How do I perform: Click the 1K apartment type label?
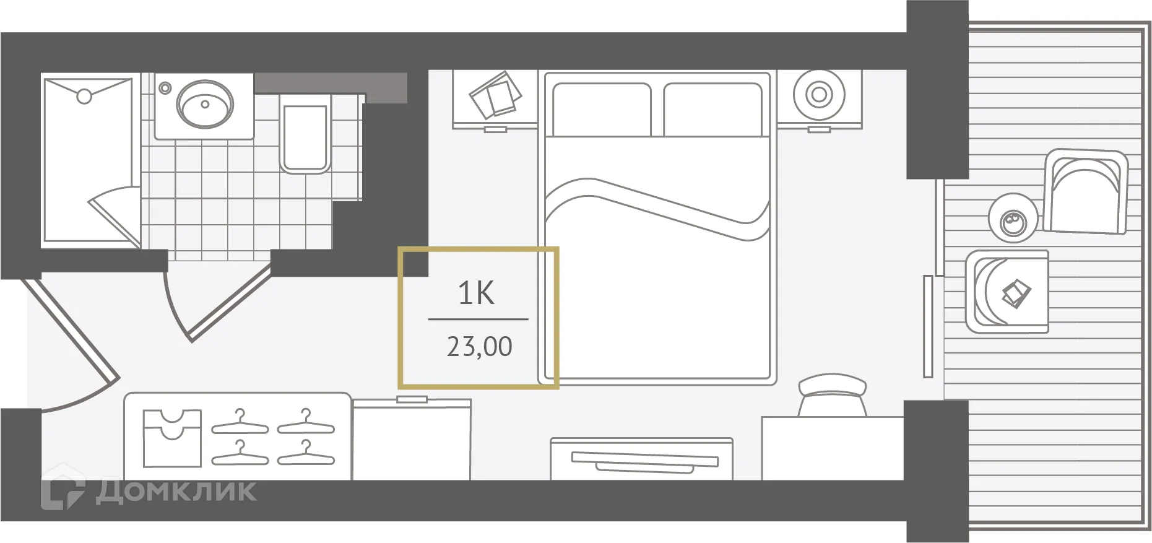(x=476, y=293)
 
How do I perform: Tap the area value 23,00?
(x=479, y=347)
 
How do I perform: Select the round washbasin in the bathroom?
(x=205, y=103)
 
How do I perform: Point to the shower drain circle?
(x=84, y=96)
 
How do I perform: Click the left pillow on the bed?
(x=601, y=110)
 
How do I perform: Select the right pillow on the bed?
(x=712, y=110)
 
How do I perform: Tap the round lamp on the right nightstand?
(x=819, y=95)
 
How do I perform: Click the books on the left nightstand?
(x=495, y=96)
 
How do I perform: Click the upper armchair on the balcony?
(x=1086, y=191)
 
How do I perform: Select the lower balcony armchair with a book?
(x=1008, y=291)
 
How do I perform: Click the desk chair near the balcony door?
(x=832, y=396)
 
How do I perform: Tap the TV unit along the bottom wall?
(x=641, y=459)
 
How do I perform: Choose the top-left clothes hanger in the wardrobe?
(x=240, y=423)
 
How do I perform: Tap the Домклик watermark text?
(x=176, y=491)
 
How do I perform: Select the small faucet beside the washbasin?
(x=165, y=88)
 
